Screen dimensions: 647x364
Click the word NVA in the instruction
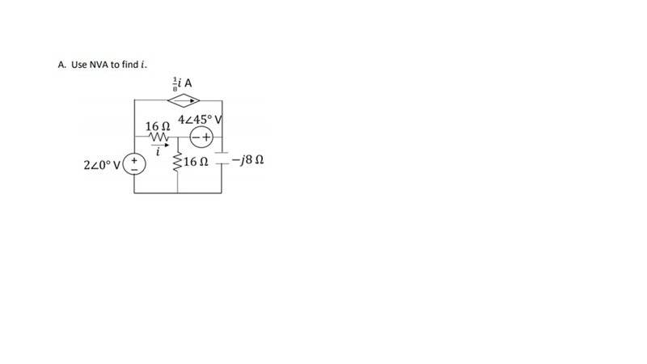[x=99, y=65]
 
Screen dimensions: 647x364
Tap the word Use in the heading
[x=78, y=65]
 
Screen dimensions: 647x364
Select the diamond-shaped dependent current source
[x=184, y=100]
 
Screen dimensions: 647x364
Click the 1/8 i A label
[x=182, y=83]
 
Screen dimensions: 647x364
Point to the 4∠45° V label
[x=200, y=120]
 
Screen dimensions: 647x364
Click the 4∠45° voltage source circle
[x=201, y=138]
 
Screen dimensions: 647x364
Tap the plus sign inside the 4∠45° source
[x=206, y=138]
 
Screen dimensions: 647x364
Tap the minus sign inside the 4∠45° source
[x=196, y=138]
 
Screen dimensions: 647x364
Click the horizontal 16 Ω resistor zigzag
[x=159, y=137]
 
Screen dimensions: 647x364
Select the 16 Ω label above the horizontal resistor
[x=157, y=126]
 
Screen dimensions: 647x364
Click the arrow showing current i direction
[x=160, y=145]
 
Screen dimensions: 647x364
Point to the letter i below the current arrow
[x=158, y=152]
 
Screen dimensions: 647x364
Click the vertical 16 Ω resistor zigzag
[x=178, y=163]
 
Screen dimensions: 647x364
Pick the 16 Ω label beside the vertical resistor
[x=196, y=162]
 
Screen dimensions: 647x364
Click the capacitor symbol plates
[x=222, y=158]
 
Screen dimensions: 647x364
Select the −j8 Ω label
[x=247, y=159]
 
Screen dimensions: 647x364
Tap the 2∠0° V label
[x=102, y=165]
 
